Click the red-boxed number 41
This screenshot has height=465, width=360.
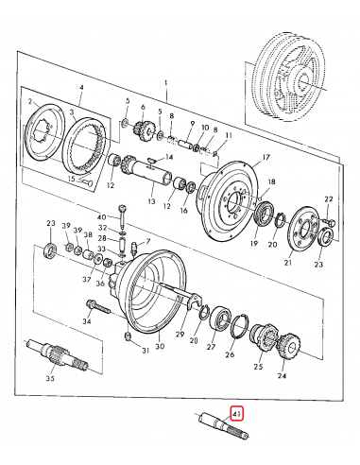click(237, 411)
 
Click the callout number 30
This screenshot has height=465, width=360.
click(160, 347)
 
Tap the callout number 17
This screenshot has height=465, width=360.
click(266, 157)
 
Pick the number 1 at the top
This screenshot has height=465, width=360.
click(165, 84)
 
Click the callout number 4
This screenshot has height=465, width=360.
click(81, 88)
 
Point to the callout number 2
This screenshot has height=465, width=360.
click(30, 101)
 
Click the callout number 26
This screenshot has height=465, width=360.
click(230, 356)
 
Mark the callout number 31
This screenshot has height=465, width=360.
click(146, 352)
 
